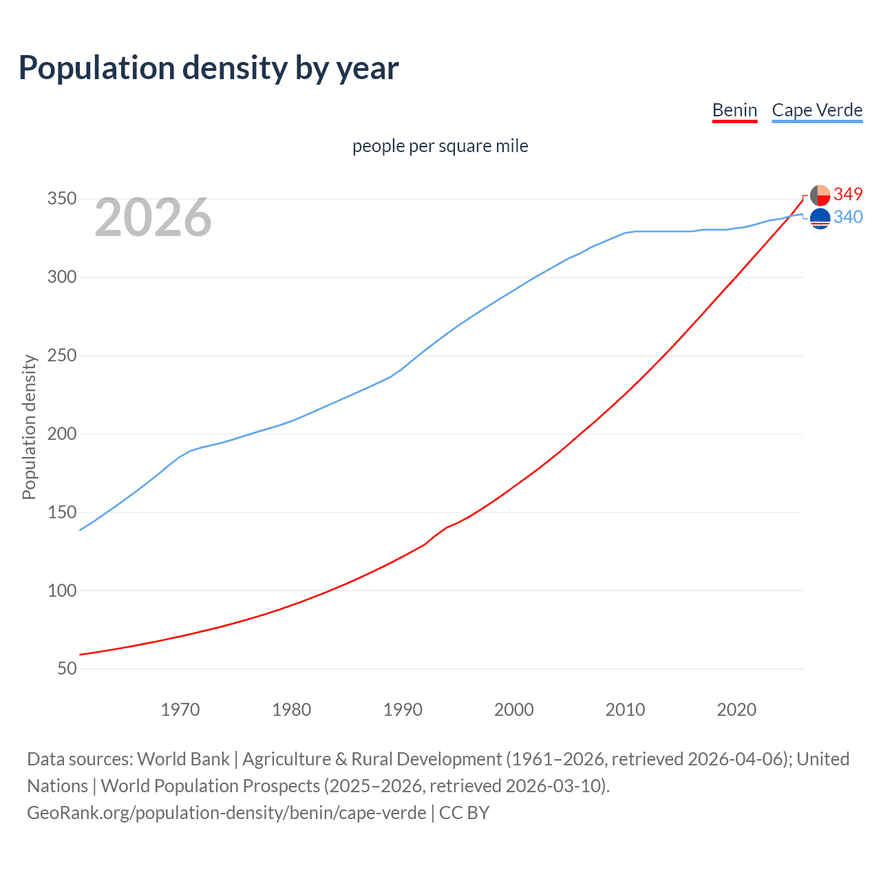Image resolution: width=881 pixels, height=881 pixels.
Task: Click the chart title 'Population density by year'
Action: click(x=209, y=68)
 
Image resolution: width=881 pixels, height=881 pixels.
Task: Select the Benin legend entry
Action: click(x=734, y=110)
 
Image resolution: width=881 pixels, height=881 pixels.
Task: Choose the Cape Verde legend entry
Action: click(x=817, y=110)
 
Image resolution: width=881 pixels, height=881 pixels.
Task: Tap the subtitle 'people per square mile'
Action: click(x=440, y=147)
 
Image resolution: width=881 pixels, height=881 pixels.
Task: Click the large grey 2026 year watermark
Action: click(x=153, y=217)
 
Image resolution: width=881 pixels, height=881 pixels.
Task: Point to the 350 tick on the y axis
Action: click(x=61, y=199)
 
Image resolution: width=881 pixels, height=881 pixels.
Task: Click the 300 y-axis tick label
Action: click(x=61, y=277)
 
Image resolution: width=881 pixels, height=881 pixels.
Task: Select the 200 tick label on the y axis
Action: click(x=61, y=434)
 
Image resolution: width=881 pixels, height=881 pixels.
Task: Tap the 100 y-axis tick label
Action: click(x=61, y=591)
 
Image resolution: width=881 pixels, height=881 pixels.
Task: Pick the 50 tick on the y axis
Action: click(x=67, y=669)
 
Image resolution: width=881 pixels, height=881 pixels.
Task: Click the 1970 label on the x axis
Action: click(x=180, y=710)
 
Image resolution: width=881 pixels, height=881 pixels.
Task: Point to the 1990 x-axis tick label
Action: click(x=403, y=710)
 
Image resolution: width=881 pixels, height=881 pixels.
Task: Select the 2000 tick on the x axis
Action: click(x=514, y=710)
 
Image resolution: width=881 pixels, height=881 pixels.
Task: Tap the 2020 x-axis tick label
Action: click(x=736, y=710)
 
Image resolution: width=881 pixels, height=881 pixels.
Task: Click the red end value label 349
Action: click(x=848, y=195)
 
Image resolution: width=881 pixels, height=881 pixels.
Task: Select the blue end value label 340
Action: click(x=848, y=217)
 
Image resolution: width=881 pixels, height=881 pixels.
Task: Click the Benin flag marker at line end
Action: click(x=820, y=195)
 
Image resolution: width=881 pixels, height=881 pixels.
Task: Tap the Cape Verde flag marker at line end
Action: click(x=820, y=219)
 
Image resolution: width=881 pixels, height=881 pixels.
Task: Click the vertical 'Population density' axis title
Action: click(x=29, y=427)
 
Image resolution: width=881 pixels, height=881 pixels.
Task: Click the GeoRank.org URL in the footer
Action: click(x=226, y=813)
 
